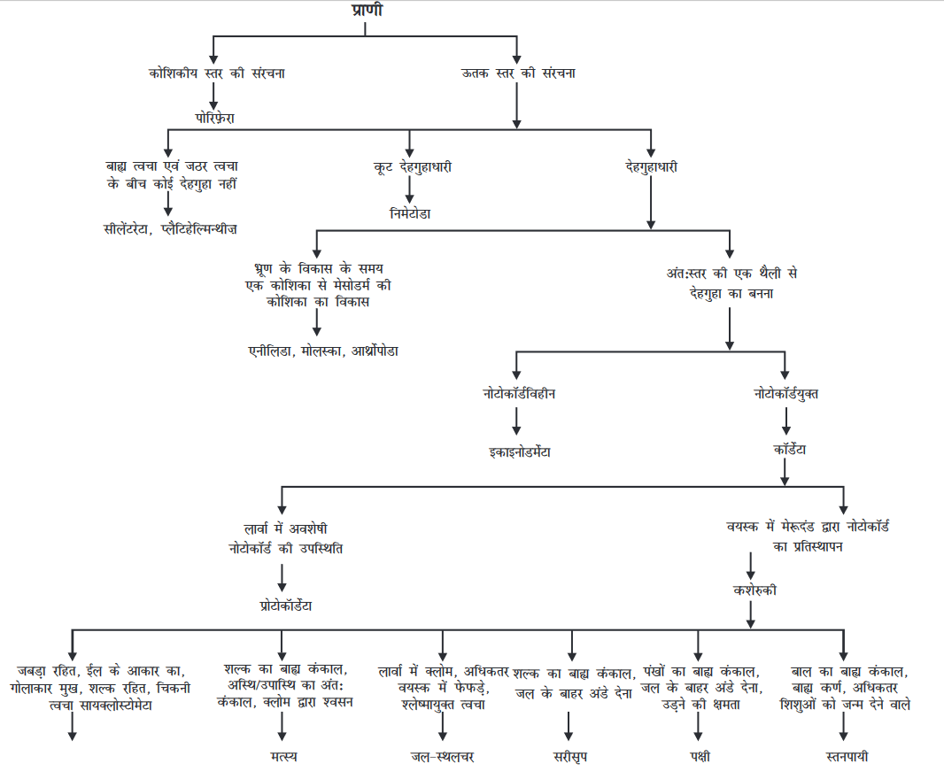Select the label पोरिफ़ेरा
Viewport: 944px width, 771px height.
tap(215, 116)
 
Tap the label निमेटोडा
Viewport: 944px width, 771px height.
tap(409, 213)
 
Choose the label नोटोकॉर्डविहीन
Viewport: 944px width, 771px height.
tap(518, 392)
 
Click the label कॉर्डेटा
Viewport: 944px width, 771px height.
tap(784, 450)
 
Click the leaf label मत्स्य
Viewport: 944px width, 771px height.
tap(283, 756)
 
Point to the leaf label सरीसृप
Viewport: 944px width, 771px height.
tap(570, 756)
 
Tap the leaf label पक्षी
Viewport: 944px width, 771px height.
tap(698, 756)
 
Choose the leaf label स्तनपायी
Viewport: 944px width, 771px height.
tap(843, 756)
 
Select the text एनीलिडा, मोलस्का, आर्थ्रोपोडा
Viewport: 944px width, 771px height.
tap(323, 351)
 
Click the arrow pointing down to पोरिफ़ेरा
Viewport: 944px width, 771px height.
tap(214, 96)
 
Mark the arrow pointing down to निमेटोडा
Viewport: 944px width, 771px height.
tap(409, 190)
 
